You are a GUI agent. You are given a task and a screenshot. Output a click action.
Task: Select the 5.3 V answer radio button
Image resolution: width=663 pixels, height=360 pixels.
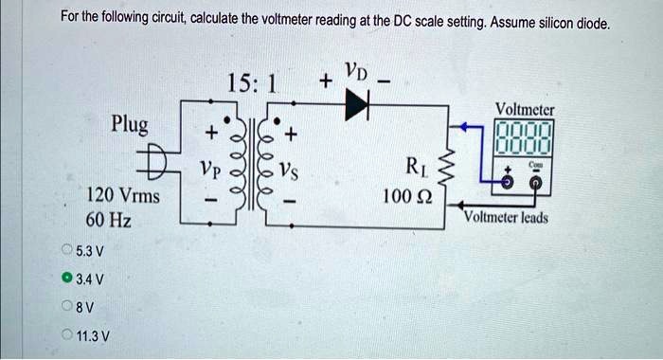point(66,251)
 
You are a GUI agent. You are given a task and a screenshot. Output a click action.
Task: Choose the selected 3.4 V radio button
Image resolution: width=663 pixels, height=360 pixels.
point(66,279)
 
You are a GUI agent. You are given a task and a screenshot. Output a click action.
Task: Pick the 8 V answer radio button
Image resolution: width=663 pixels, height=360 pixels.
point(66,306)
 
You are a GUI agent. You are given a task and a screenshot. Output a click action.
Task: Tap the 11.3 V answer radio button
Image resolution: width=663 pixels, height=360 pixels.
point(66,334)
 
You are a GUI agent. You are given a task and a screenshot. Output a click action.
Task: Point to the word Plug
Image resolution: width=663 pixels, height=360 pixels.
point(135,124)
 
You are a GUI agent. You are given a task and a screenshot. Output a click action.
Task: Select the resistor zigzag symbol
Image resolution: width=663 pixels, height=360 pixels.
point(452,168)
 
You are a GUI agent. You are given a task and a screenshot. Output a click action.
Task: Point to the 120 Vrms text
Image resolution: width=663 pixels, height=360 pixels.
point(123,196)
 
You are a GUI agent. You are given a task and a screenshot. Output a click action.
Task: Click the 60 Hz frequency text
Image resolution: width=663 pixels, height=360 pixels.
point(108,222)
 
